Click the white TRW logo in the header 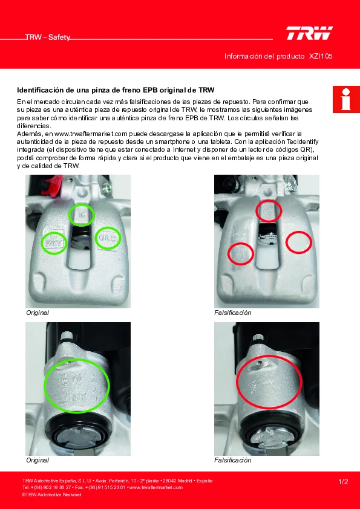309,33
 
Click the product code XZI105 321,56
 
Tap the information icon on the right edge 346,99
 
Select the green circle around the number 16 81,215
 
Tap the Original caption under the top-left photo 38,313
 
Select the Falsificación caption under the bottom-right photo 232,460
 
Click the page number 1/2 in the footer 343,482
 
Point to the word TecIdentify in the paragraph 303,142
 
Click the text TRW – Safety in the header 48,37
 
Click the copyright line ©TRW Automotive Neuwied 51,494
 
